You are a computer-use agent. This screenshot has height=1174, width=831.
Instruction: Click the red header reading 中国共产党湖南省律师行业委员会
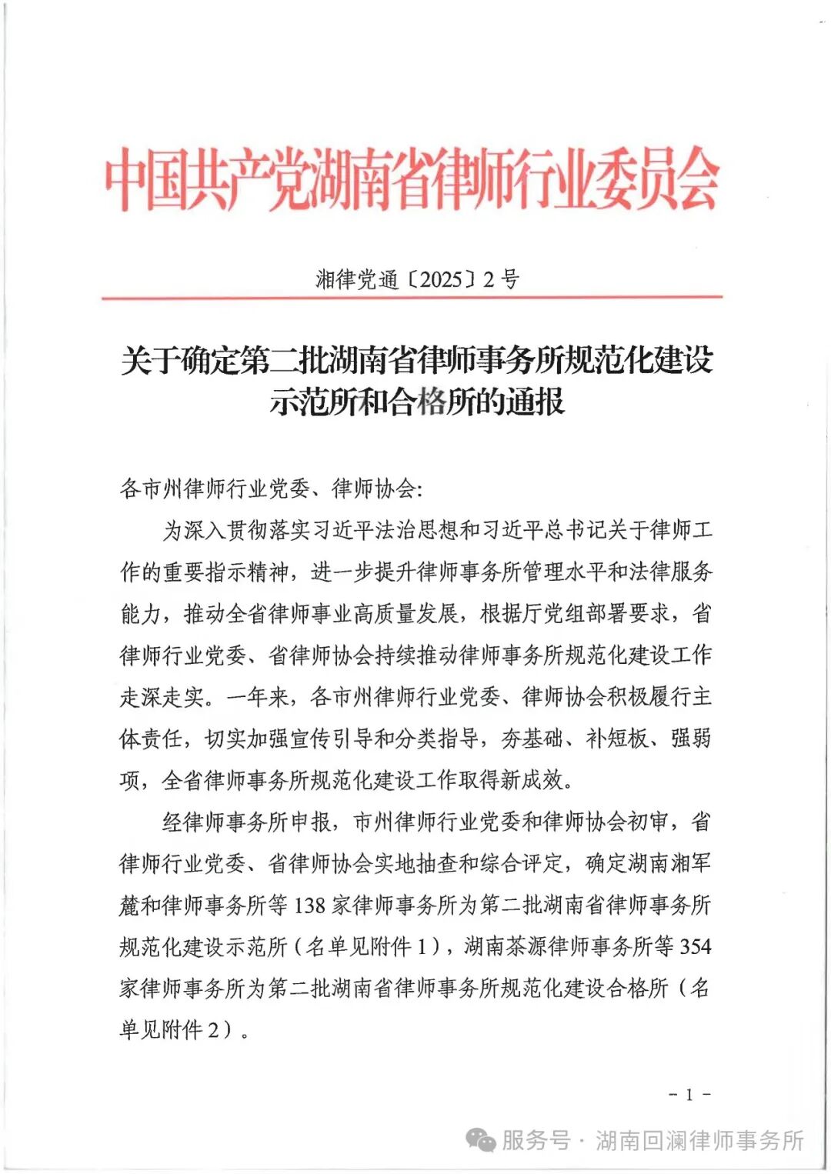point(412,179)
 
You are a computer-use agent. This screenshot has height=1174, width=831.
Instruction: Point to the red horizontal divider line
point(412,297)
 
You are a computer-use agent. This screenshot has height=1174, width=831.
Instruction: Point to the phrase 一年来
point(259,697)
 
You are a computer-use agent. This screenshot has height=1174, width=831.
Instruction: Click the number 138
point(310,906)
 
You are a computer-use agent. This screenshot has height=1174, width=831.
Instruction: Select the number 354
point(695,946)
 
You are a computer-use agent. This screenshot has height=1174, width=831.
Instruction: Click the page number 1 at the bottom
point(689,1094)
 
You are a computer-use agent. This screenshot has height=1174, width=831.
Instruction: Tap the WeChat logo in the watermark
point(482,1140)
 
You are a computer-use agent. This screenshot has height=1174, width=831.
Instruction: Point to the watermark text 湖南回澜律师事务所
point(699,1140)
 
